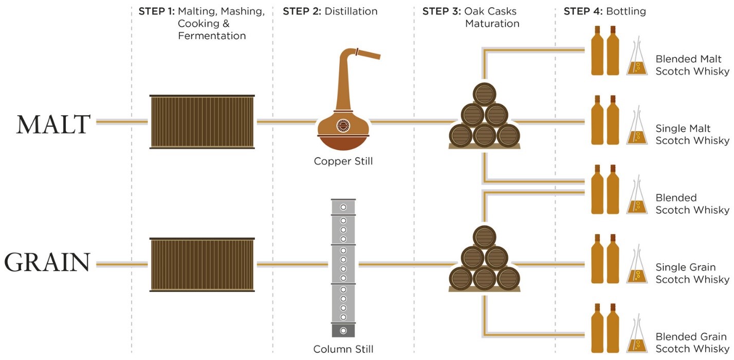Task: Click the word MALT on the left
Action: (53, 124)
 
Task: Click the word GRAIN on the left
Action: (47, 263)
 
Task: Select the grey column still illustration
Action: (343, 267)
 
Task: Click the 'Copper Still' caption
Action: (343, 161)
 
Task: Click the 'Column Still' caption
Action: (343, 350)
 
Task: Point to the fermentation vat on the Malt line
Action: (202, 122)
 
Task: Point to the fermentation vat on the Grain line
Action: (202, 264)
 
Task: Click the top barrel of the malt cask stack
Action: (484, 94)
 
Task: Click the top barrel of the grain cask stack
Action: (484, 236)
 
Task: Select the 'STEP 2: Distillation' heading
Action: (329, 11)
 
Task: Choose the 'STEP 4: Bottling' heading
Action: (604, 11)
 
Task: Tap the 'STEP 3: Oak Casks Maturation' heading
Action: (471, 17)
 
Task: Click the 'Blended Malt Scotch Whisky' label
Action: (692, 65)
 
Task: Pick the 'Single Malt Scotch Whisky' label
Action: (692, 135)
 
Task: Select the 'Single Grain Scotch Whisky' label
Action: (692, 273)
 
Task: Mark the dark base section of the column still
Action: (343, 330)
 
